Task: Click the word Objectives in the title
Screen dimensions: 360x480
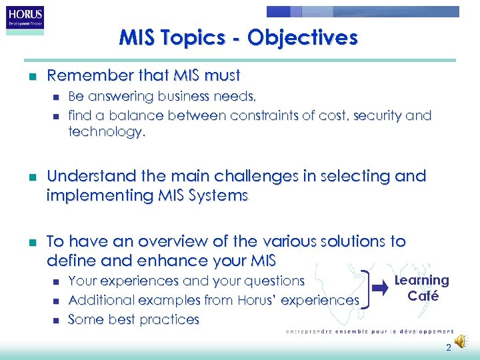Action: click(x=302, y=37)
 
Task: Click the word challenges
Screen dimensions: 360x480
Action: click(x=234, y=177)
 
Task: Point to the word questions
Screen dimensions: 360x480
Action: click(x=274, y=281)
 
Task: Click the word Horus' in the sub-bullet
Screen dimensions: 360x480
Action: click(x=259, y=301)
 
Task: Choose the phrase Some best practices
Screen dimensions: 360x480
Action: click(x=134, y=319)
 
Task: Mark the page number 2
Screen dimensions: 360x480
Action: click(x=449, y=347)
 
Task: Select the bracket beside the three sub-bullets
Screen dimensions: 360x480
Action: click(x=365, y=290)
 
